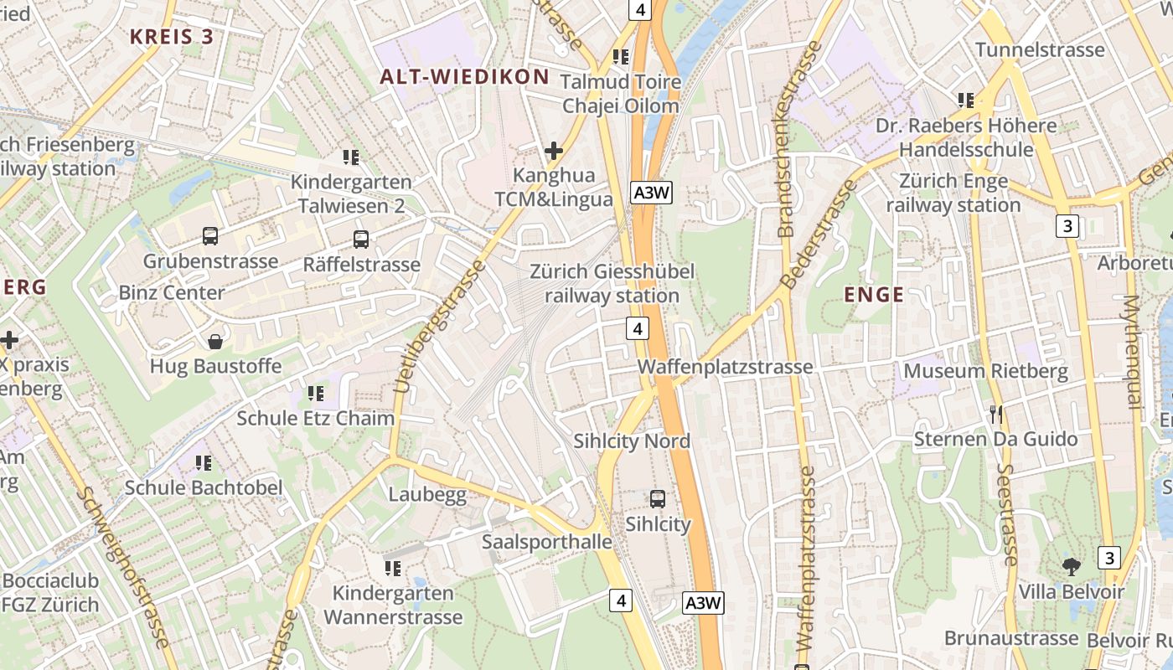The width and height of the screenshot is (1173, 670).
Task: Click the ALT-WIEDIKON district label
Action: (x=464, y=77)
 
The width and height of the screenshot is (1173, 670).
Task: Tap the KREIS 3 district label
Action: (x=172, y=37)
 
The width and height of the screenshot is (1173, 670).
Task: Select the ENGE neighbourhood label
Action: (x=874, y=295)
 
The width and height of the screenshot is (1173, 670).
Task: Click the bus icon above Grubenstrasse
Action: (x=209, y=236)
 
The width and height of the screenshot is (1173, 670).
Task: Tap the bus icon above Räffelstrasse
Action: (x=361, y=240)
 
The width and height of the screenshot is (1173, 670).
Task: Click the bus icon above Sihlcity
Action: (x=658, y=499)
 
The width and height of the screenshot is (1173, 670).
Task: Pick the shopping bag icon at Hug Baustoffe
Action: (x=215, y=342)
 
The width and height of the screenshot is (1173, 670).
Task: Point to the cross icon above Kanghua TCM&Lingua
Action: (x=553, y=151)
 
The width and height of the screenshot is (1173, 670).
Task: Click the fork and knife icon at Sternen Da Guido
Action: (x=995, y=414)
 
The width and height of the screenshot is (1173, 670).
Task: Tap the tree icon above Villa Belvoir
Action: (x=1071, y=566)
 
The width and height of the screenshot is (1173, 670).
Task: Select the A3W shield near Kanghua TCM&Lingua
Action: (x=652, y=193)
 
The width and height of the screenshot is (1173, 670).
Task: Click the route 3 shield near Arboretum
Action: (x=1067, y=226)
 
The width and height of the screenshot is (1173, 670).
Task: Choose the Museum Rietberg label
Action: (x=985, y=371)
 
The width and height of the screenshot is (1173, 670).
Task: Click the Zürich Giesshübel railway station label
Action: (x=612, y=284)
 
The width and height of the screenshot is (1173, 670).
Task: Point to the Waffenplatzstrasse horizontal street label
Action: (x=725, y=367)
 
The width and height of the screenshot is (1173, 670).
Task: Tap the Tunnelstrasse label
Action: (x=1040, y=49)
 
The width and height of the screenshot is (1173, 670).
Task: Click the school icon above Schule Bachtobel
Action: (x=203, y=462)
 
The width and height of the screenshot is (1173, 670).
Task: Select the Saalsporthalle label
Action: (x=546, y=542)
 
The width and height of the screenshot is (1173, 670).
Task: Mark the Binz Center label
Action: (x=171, y=292)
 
